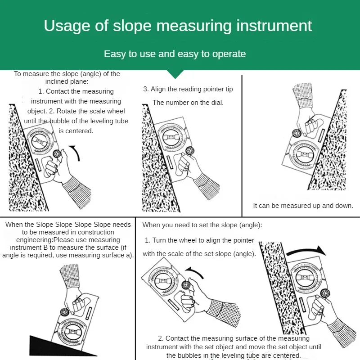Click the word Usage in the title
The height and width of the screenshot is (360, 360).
67,26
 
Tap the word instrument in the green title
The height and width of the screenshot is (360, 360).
274,26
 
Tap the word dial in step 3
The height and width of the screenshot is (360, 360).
217,103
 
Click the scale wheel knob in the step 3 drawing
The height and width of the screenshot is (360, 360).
190,151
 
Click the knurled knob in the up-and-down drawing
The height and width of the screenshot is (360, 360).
297,133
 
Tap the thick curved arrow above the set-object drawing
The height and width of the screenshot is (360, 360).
306,251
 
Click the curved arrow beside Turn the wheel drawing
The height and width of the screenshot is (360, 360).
195,272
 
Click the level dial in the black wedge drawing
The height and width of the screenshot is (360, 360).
72,331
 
